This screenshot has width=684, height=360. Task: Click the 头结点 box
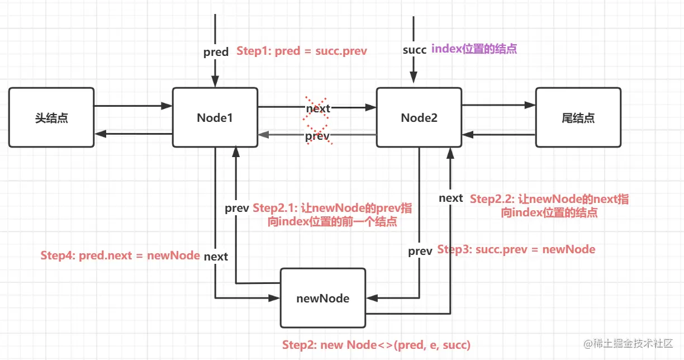pyautogui.click(x=51, y=117)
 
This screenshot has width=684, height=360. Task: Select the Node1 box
pyautogui.click(x=215, y=117)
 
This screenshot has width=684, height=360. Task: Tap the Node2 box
pyautogui.click(x=419, y=117)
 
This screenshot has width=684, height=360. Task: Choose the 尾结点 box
pyautogui.click(x=578, y=117)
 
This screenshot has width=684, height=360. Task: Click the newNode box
pyautogui.click(x=322, y=298)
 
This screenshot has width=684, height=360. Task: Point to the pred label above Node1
pyautogui.click(x=216, y=52)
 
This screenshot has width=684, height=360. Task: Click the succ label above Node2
pyautogui.click(x=414, y=50)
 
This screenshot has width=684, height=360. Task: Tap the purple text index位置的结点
pyautogui.click(x=474, y=49)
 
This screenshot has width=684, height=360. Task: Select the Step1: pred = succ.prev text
pyautogui.click(x=302, y=51)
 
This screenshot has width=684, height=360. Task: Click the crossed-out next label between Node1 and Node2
pyautogui.click(x=317, y=108)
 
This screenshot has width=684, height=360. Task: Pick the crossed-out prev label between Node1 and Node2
pyautogui.click(x=317, y=136)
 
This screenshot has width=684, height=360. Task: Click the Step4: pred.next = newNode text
pyautogui.click(x=120, y=255)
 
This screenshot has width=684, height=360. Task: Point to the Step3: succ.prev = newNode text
pyautogui.click(x=516, y=249)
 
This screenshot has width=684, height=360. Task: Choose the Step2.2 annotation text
pyautogui.click(x=549, y=206)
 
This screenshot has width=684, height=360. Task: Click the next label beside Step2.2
pyautogui.click(x=450, y=198)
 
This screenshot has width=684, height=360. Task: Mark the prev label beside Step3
pyautogui.click(x=420, y=251)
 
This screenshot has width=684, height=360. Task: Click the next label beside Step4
pyautogui.click(x=216, y=257)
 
